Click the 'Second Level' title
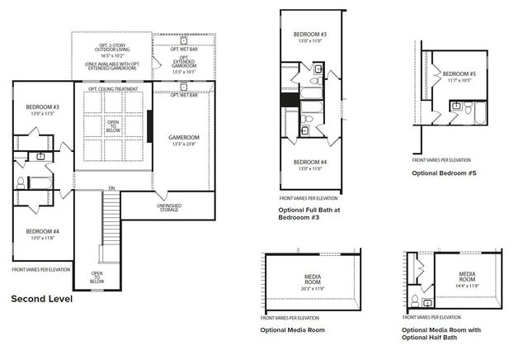coord(41,299)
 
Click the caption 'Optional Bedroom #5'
coord(445,173)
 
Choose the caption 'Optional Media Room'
coord(293,329)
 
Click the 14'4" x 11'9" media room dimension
coord(467,286)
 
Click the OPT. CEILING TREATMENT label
coord(113,88)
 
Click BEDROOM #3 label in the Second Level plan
coord(42,107)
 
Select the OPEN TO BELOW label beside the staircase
coord(97,277)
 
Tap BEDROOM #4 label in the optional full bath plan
coord(311,162)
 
